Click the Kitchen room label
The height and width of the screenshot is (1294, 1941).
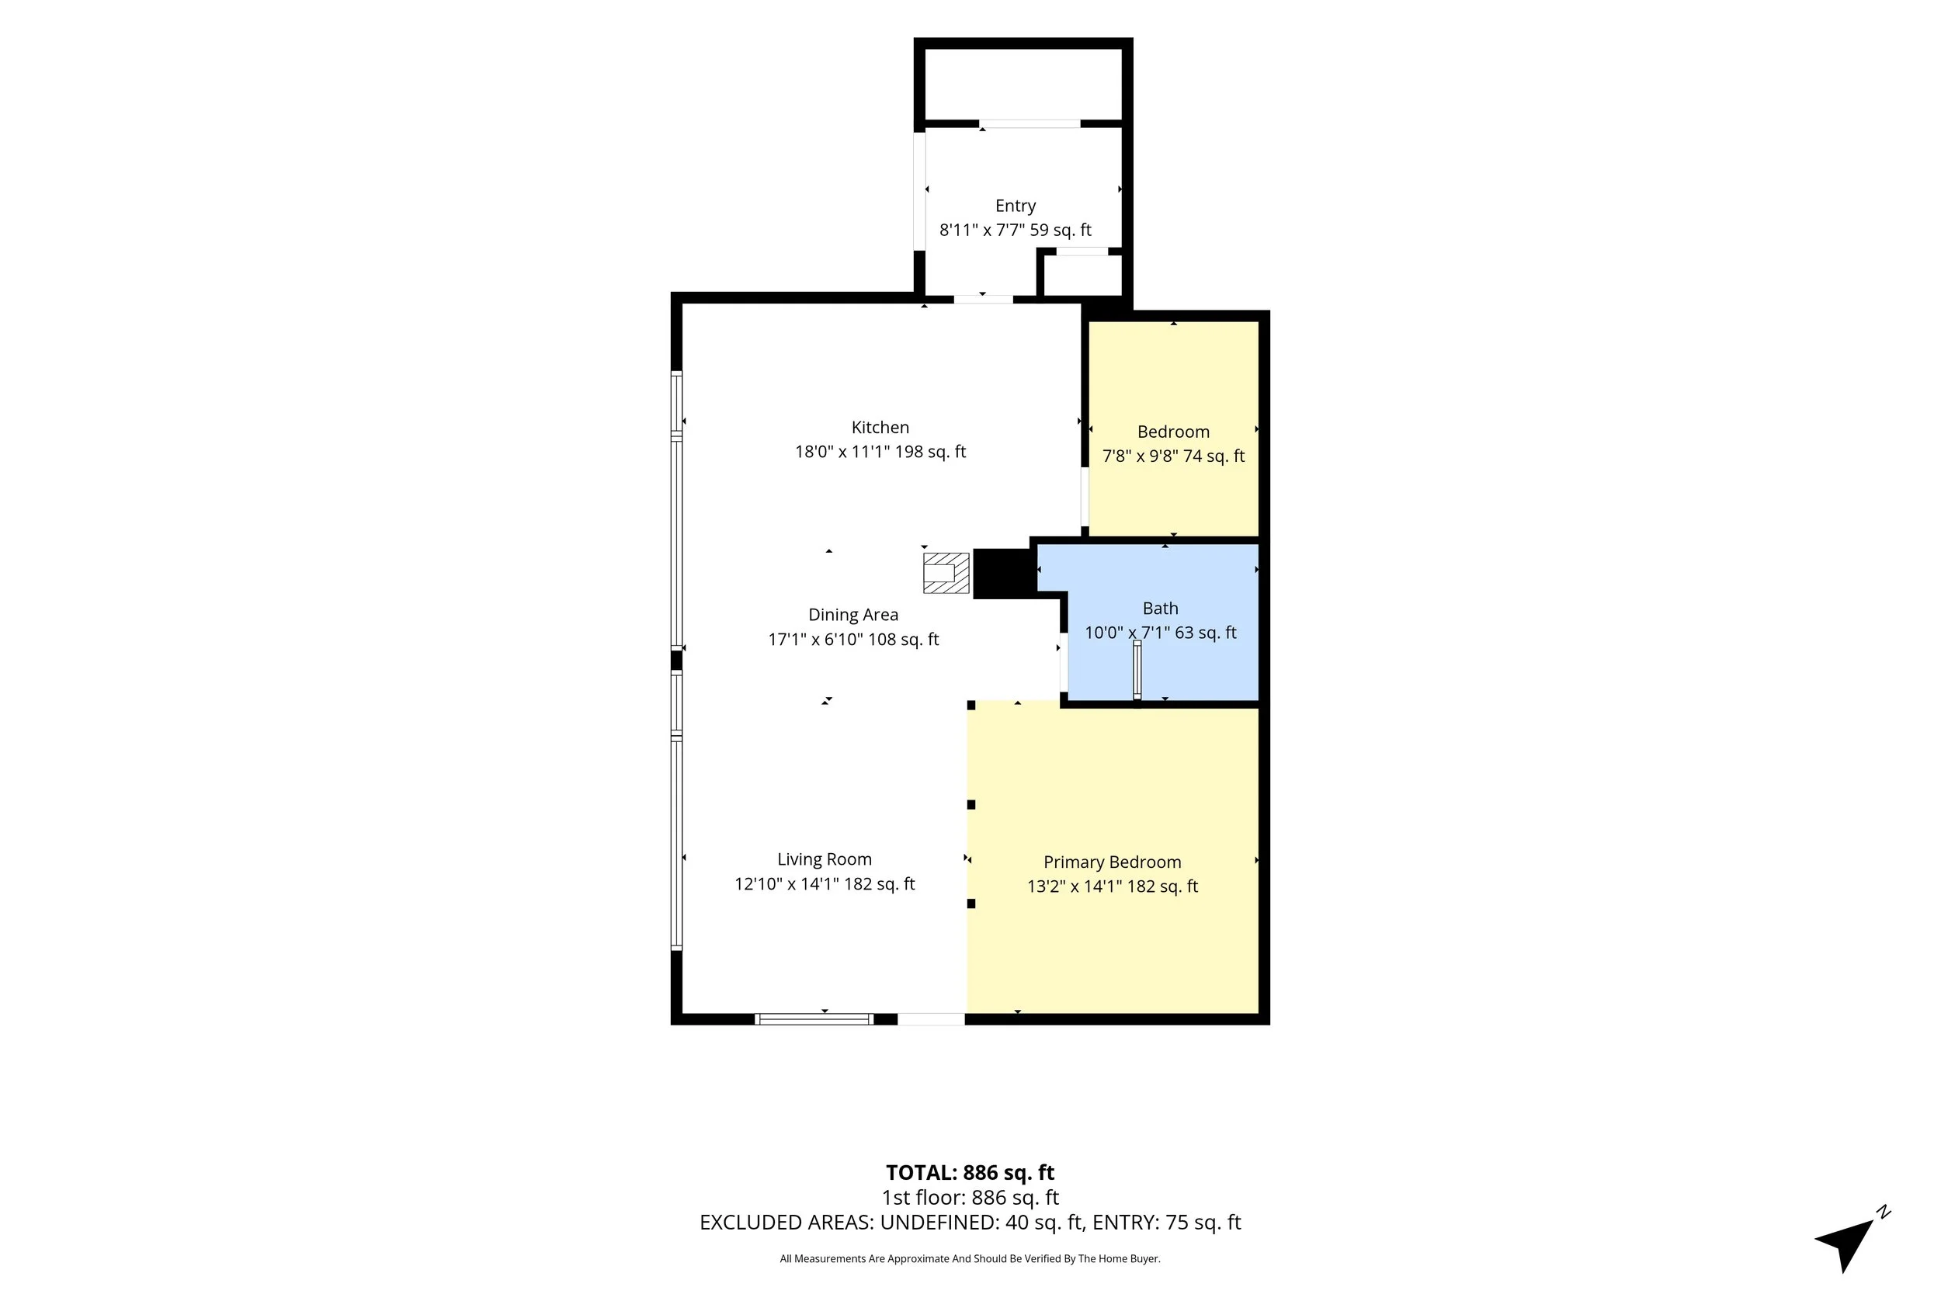[880, 428]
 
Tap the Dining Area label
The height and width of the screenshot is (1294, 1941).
[853, 615]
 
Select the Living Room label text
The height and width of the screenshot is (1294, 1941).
[825, 860]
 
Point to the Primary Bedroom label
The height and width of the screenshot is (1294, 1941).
[1113, 862]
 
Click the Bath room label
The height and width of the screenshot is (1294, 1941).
[1160, 609]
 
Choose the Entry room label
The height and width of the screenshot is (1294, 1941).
[1015, 206]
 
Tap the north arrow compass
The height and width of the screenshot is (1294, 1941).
[1852, 1243]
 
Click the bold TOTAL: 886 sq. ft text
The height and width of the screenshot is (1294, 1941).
[970, 1173]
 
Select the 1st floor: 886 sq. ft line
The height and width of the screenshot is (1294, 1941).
[970, 1198]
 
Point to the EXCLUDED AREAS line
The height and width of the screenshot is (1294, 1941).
[970, 1223]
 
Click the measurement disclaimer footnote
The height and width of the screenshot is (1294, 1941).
[970, 1258]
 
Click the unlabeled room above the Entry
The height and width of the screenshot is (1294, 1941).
[1023, 83]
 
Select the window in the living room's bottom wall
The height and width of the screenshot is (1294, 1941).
[814, 1019]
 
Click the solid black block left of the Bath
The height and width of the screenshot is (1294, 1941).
[1004, 573]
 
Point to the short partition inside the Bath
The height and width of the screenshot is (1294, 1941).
[1137, 670]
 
